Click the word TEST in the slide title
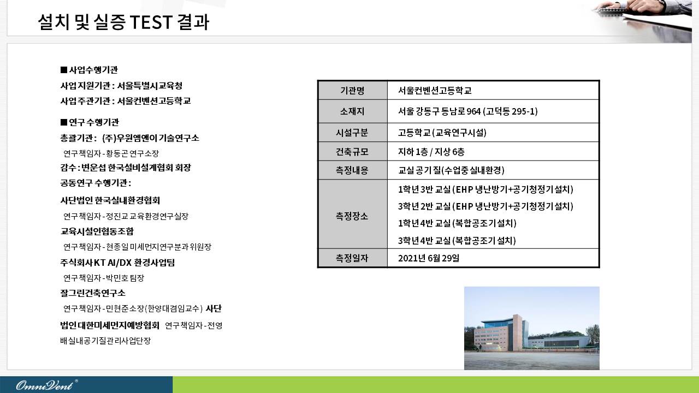click(151, 22)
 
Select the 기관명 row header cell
click(352, 91)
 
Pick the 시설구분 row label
click(352, 133)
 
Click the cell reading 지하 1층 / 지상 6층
click(431, 152)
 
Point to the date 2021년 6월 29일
click(429, 258)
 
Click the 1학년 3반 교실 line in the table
click(485, 189)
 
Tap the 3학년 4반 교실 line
click(457, 241)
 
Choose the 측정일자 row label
click(352, 258)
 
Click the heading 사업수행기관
click(89, 70)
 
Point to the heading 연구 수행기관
click(90, 122)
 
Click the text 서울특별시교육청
click(150, 86)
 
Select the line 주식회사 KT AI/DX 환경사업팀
click(117, 263)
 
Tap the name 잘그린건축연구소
click(93, 293)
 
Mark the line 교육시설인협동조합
click(97, 231)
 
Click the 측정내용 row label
click(352, 170)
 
